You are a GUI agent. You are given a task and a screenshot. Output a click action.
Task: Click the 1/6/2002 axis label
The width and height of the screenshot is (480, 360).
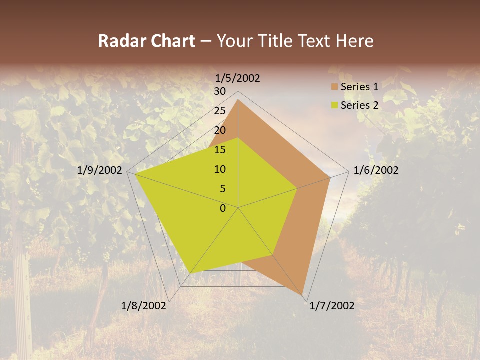click(376, 170)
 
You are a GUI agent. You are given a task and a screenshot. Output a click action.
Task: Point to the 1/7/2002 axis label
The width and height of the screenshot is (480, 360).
click(332, 306)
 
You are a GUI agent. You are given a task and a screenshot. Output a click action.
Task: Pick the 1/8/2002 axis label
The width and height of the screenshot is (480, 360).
click(144, 306)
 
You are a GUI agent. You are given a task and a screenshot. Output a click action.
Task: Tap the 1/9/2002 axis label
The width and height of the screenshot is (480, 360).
click(100, 170)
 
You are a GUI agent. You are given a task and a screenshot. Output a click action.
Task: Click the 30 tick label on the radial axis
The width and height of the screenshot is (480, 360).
click(220, 91)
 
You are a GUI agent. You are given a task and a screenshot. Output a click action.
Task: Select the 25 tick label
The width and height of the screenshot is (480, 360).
click(220, 111)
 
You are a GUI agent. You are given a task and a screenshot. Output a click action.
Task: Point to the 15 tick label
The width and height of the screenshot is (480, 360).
click(220, 150)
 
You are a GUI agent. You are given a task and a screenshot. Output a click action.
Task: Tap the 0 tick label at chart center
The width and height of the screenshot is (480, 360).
click(223, 208)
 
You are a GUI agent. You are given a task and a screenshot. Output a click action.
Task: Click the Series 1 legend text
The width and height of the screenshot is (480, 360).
click(359, 87)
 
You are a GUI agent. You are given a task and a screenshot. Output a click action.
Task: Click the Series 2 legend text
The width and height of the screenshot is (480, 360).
click(359, 105)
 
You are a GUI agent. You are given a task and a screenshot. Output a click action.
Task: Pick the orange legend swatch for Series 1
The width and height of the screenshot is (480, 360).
click(335, 87)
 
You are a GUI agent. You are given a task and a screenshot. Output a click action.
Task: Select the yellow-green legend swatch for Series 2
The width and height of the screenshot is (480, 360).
click(335, 105)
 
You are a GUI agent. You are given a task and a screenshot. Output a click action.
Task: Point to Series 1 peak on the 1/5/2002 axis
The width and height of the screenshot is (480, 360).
click(238, 100)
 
